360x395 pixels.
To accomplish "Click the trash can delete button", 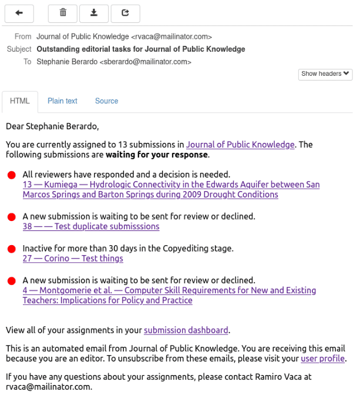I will pyautogui.click(x=63, y=12).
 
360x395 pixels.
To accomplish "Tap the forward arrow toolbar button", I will pyautogui.click(x=125, y=12).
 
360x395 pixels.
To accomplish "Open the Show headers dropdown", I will pyautogui.click(x=326, y=74).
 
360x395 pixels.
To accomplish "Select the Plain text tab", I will pyautogui.click(x=62, y=101).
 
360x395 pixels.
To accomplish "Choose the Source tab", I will pyautogui.click(x=106, y=101).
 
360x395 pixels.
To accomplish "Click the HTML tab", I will pyautogui.click(x=20, y=101).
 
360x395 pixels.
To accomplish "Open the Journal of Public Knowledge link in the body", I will pyautogui.click(x=240, y=145).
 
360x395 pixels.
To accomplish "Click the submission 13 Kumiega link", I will pyautogui.click(x=171, y=189).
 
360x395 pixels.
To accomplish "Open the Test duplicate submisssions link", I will pyautogui.click(x=91, y=226).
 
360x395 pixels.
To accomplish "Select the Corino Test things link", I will pyautogui.click(x=73, y=258).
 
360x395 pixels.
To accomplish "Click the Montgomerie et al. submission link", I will pyautogui.click(x=169, y=295).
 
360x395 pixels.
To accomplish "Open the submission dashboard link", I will pyautogui.click(x=186, y=330).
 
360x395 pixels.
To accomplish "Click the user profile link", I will pyautogui.click(x=322, y=359).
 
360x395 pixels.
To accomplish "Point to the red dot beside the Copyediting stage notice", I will pyautogui.click(x=12, y=249).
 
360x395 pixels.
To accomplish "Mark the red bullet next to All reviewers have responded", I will pyautogui.click(x=12, y=175).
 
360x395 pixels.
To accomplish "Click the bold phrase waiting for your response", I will pyautogui.click(x=156, y=155).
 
